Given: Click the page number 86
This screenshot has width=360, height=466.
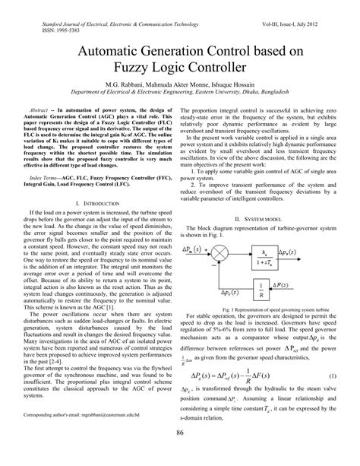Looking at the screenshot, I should [x=180, y=453].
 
